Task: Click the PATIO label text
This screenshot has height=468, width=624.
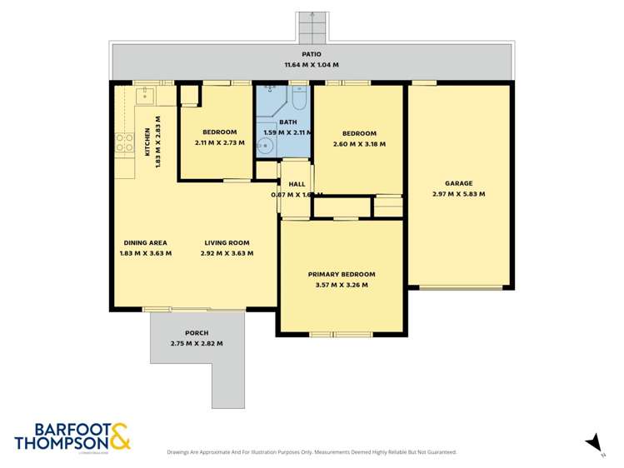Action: point(312,54)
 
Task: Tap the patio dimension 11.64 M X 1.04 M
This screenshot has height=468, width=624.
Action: point(312,65)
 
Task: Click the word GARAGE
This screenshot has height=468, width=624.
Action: point(458,183)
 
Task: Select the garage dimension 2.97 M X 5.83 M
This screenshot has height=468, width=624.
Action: point(458,194)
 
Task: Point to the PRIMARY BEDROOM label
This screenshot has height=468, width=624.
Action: point(342,274)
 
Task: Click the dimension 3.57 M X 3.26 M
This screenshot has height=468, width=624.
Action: point(342,285)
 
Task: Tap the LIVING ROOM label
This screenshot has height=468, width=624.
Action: point(227,242)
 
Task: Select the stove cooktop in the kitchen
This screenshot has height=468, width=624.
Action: point(124,142)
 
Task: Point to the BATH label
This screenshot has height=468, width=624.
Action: point(287,122)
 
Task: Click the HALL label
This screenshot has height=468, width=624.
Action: point(297,184)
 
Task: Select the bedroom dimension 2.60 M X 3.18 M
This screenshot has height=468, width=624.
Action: point(359,144)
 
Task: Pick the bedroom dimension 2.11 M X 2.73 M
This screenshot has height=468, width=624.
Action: point(220,142)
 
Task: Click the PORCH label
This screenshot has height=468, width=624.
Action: point(197,332)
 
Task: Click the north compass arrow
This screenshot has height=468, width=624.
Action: point(593,444)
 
